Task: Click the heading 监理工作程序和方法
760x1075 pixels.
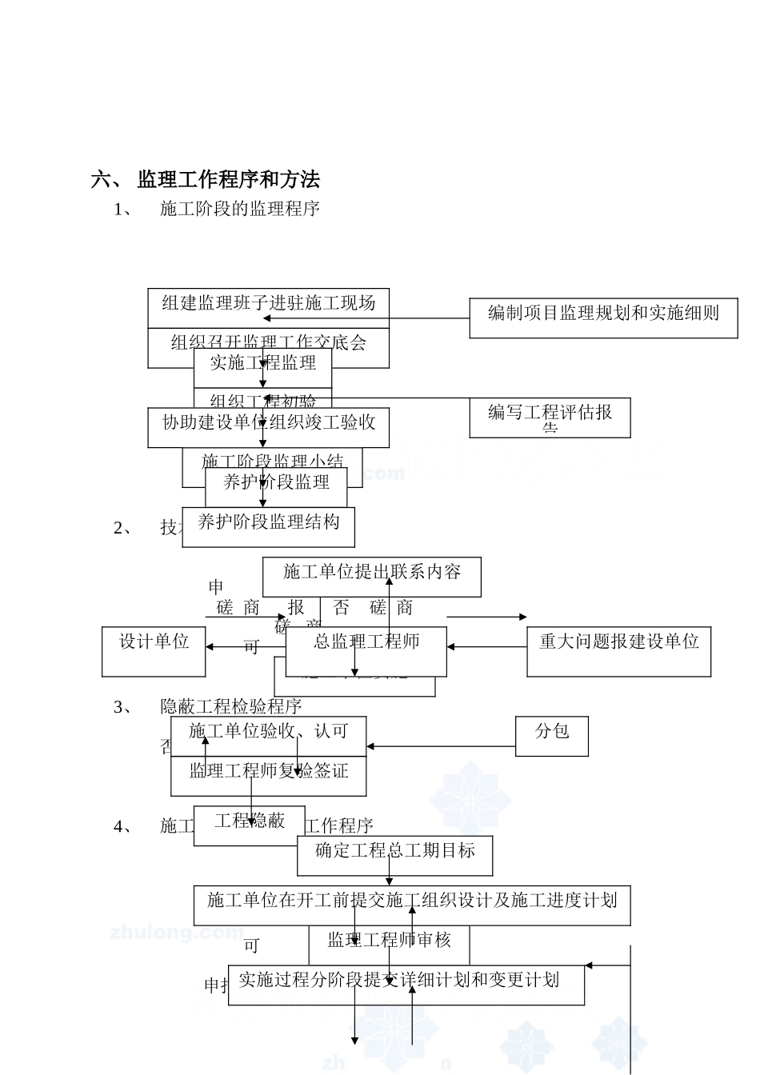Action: tap(228, 179)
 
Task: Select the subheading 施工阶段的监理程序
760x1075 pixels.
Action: tap(240, 209)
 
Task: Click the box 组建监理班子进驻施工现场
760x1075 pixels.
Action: tap(268, 303)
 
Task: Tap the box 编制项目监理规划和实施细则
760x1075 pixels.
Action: tap(603, 314)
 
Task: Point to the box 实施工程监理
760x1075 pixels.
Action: tap(262, 363)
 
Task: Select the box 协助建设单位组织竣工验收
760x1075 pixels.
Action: tap(268, 423)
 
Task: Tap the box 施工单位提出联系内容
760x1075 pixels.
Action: tap(372, 573)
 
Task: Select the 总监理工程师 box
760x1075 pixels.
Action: tap(366, 642)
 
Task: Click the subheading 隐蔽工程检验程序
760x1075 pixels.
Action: tap(230, 706)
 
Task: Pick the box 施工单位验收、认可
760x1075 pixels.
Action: tap(268, 731)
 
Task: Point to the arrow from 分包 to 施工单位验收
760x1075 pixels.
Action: tap(441, 746)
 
